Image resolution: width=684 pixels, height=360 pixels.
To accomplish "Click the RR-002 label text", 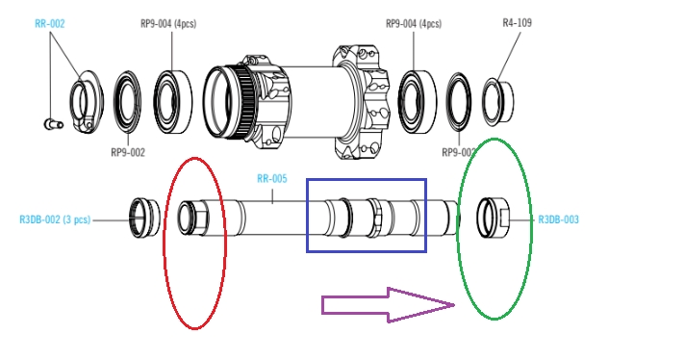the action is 50,23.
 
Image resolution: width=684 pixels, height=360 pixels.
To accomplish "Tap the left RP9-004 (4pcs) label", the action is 168,23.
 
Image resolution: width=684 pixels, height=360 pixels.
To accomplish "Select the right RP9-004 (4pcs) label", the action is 414,23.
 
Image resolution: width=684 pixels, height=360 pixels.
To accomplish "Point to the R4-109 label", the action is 518,23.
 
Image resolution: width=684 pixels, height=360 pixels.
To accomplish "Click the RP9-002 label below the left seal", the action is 128,152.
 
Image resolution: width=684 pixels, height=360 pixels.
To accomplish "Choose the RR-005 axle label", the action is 272,178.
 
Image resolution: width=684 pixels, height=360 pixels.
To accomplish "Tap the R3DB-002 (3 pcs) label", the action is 55,219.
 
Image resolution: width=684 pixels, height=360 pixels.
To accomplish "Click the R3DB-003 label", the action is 558,219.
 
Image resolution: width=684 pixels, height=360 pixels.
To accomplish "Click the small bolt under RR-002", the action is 54,124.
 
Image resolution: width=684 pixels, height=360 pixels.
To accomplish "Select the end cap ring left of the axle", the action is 145,219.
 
